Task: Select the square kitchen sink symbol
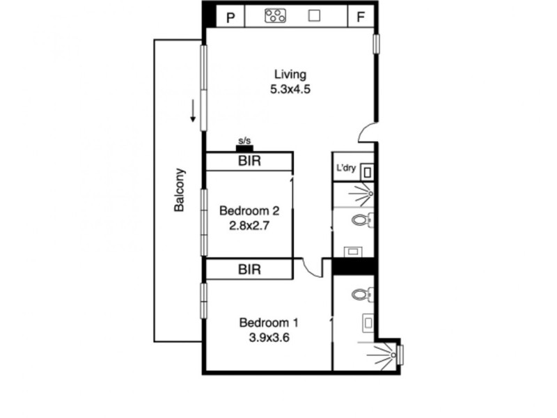pyautogui.click(x=314, y=16)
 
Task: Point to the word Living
pyautogui.click(x=290, y=75)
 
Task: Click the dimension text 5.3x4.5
pyautogui.click(x=290, y=89)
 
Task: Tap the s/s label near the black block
pyautogui.click(x=244, y=141)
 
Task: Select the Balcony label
pyautogui.click(x=180, y=190)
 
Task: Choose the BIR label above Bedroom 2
pyautogui.click(x=249, y=161)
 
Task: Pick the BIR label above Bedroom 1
pyautogui.click(x=249, y=269)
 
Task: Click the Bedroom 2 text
pyautogui.click(x=249, y=210)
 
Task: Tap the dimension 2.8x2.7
pyautogui.click(x=249, y=225)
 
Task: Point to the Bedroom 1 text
pyautogui.click(x=269, y=323)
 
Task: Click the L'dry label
pyautogui.click(x=346, y=168)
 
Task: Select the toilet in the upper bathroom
pyautogui.click(x=360, y=222)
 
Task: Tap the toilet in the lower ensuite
pyautogui.click(x=360, y=295)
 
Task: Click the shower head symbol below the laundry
pyautogui.click(x=370, y=193)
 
